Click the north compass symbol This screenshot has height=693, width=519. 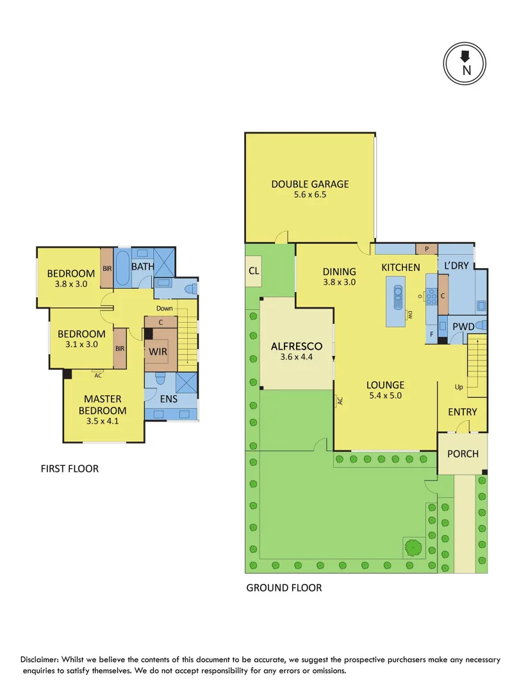(465, 64)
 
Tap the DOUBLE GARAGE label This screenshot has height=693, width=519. (309, 184)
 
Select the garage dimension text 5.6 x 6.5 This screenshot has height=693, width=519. (309, 195)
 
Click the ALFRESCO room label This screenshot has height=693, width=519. (297, 346)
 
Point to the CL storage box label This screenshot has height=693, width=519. (254, 271)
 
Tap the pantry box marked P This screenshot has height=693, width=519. (427, 249)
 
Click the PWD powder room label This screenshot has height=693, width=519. (463, 327)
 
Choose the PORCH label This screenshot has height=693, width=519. (463, 454)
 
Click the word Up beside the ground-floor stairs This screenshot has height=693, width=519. (459, 388)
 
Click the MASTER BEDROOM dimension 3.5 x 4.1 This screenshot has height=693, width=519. (103, 422)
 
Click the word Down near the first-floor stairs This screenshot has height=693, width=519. (164, 308)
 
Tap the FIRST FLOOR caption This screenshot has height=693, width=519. (70, 468)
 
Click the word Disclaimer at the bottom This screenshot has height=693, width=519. (44, 660)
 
